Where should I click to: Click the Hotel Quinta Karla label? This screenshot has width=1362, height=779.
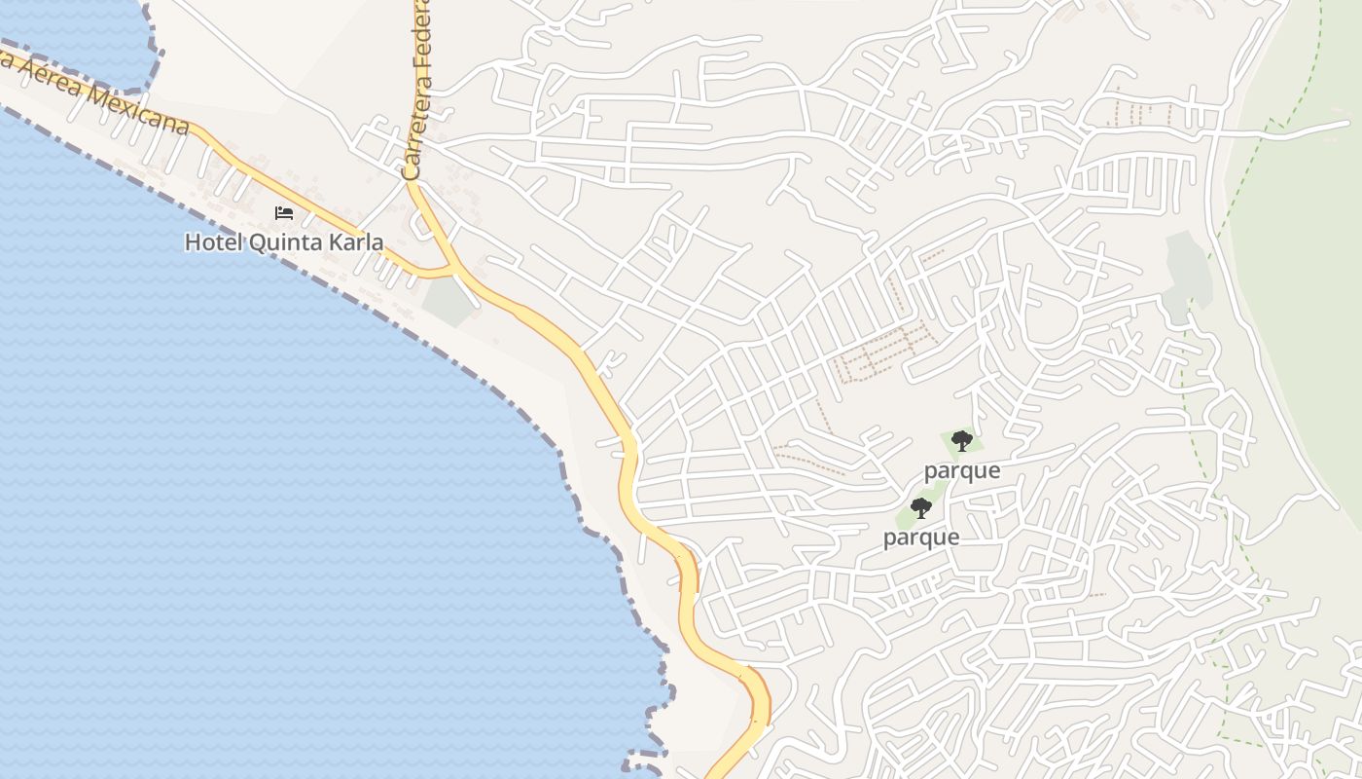284,242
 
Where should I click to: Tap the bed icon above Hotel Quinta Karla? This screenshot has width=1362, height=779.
284,213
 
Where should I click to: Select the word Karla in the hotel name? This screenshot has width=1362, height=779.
355,242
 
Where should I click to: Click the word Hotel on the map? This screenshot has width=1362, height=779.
212,242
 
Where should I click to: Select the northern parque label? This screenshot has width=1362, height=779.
961,470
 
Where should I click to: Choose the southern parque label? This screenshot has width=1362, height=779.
921,538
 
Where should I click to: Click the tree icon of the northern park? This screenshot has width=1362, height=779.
961,441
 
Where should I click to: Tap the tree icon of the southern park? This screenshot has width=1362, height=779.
920,507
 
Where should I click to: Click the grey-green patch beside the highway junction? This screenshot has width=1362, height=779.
448,301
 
